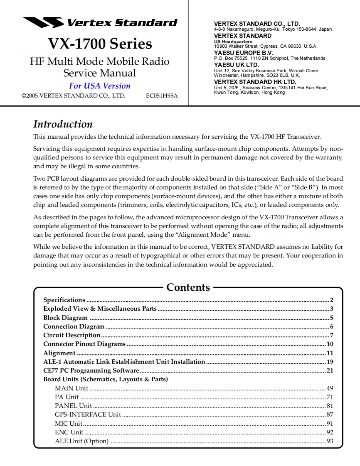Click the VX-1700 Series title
click(100, 43)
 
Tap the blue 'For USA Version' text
click(100, 86)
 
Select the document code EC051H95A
click(162, 96)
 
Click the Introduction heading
click(63, 124)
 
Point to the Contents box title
click(188, 287)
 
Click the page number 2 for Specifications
click(332, 300)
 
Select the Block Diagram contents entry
click(65, 318)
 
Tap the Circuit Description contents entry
click(72, 335)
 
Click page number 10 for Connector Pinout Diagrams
click(330, 344)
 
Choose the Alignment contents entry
click(59, 353)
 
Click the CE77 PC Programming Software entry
click(91, 370)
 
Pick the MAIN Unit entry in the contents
click(72, 388)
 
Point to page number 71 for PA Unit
click(330, 397)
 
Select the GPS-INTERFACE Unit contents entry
click(88, 414)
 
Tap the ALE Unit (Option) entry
click(81, 441)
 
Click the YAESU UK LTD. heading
click(236, 65)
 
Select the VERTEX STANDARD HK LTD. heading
click(255, 82)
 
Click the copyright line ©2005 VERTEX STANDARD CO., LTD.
click(73, 96)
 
